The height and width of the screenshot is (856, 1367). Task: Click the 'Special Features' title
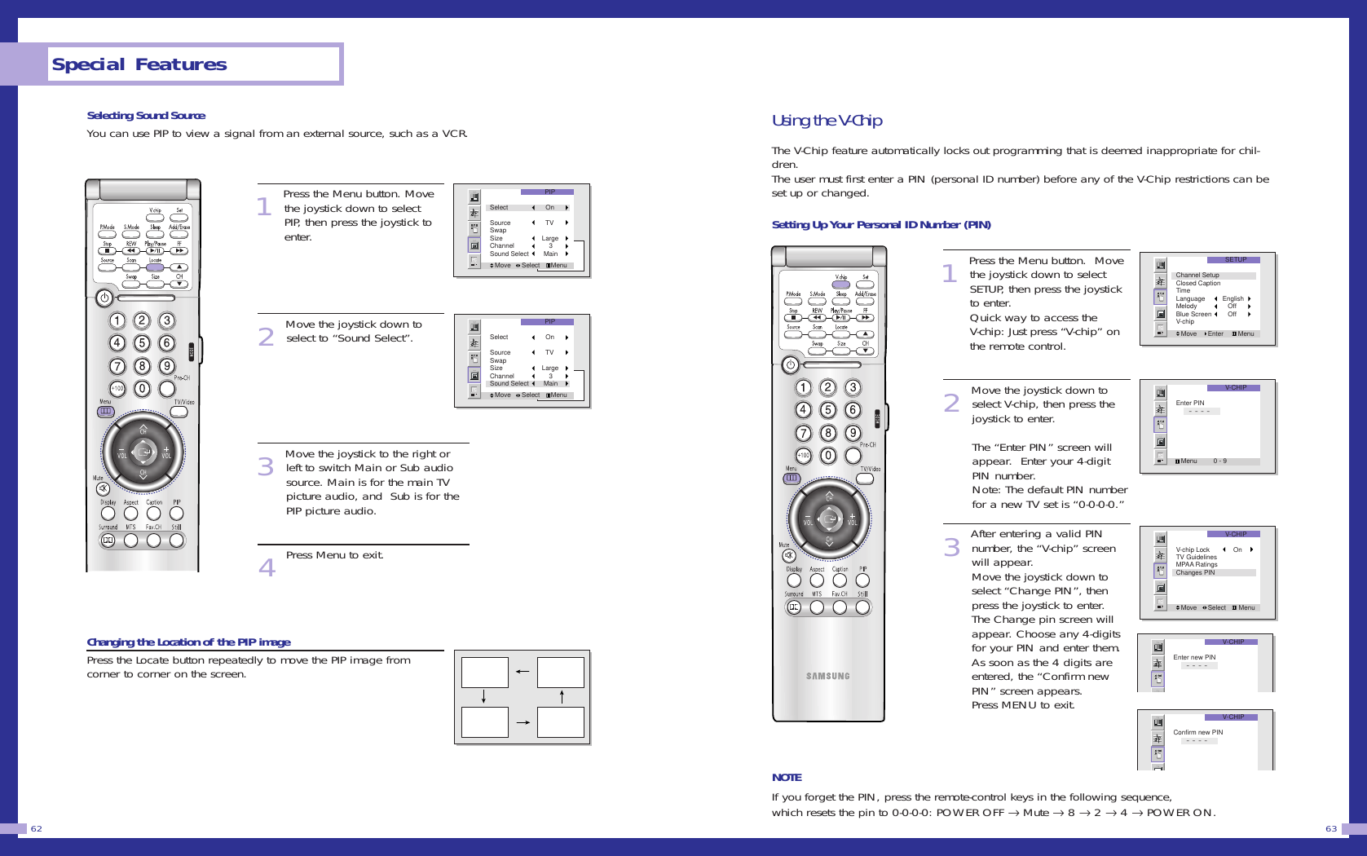(139, 64)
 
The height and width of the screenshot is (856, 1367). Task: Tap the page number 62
(37, 828)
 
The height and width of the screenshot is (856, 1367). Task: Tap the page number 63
(1330, 828)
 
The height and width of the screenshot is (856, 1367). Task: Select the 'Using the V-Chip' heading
(827, 121)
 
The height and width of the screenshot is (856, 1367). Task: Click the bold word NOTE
(787, 778)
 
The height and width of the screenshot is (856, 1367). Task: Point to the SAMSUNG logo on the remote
(828, 676)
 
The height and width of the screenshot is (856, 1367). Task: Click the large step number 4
(267, 567)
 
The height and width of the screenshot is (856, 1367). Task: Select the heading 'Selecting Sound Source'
(146, 116)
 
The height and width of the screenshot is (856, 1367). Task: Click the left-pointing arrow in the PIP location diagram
(523, 672)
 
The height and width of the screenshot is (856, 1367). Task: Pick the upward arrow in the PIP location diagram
(562, 696)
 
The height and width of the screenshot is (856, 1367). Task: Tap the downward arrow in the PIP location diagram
(483, 696)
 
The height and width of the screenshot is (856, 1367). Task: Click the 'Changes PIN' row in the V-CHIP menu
(1195, 572)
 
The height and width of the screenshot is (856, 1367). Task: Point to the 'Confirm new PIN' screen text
(1197, 732)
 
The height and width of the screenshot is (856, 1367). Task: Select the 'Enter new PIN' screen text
(1194, 657)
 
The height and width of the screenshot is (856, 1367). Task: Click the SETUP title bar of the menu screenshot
(1235, 260)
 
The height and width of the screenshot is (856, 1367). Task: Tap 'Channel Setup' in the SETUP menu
(1197, 276)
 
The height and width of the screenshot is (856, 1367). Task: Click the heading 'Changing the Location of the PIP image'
(188, 642)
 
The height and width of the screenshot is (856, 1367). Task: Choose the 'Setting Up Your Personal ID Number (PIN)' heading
(881, 225)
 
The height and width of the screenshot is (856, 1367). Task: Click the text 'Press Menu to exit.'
(334, 555)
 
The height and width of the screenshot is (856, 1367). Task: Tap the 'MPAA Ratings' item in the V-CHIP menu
(1196, 564)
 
